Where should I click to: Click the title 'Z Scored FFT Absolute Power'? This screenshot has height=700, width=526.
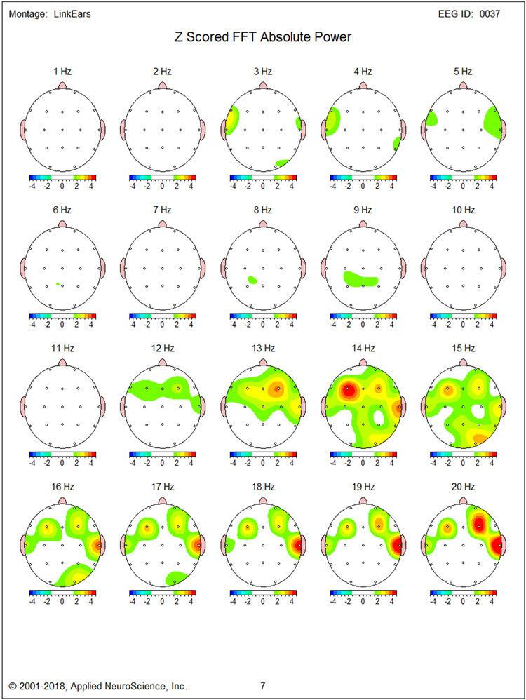point(262,37)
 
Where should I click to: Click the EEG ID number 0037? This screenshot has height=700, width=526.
point(490,14)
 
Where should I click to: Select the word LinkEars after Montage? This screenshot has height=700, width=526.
point(72,14)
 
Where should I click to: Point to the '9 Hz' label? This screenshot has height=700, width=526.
point(362,209)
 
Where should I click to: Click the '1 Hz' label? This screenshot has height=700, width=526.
point(62,71)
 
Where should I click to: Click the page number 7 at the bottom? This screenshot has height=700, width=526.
point(262,685)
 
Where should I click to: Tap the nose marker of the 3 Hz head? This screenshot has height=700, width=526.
point(262,85)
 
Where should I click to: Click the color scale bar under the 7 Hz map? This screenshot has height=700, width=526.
point(162,316)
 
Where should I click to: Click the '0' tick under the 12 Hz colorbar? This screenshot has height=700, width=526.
point(162,463)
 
